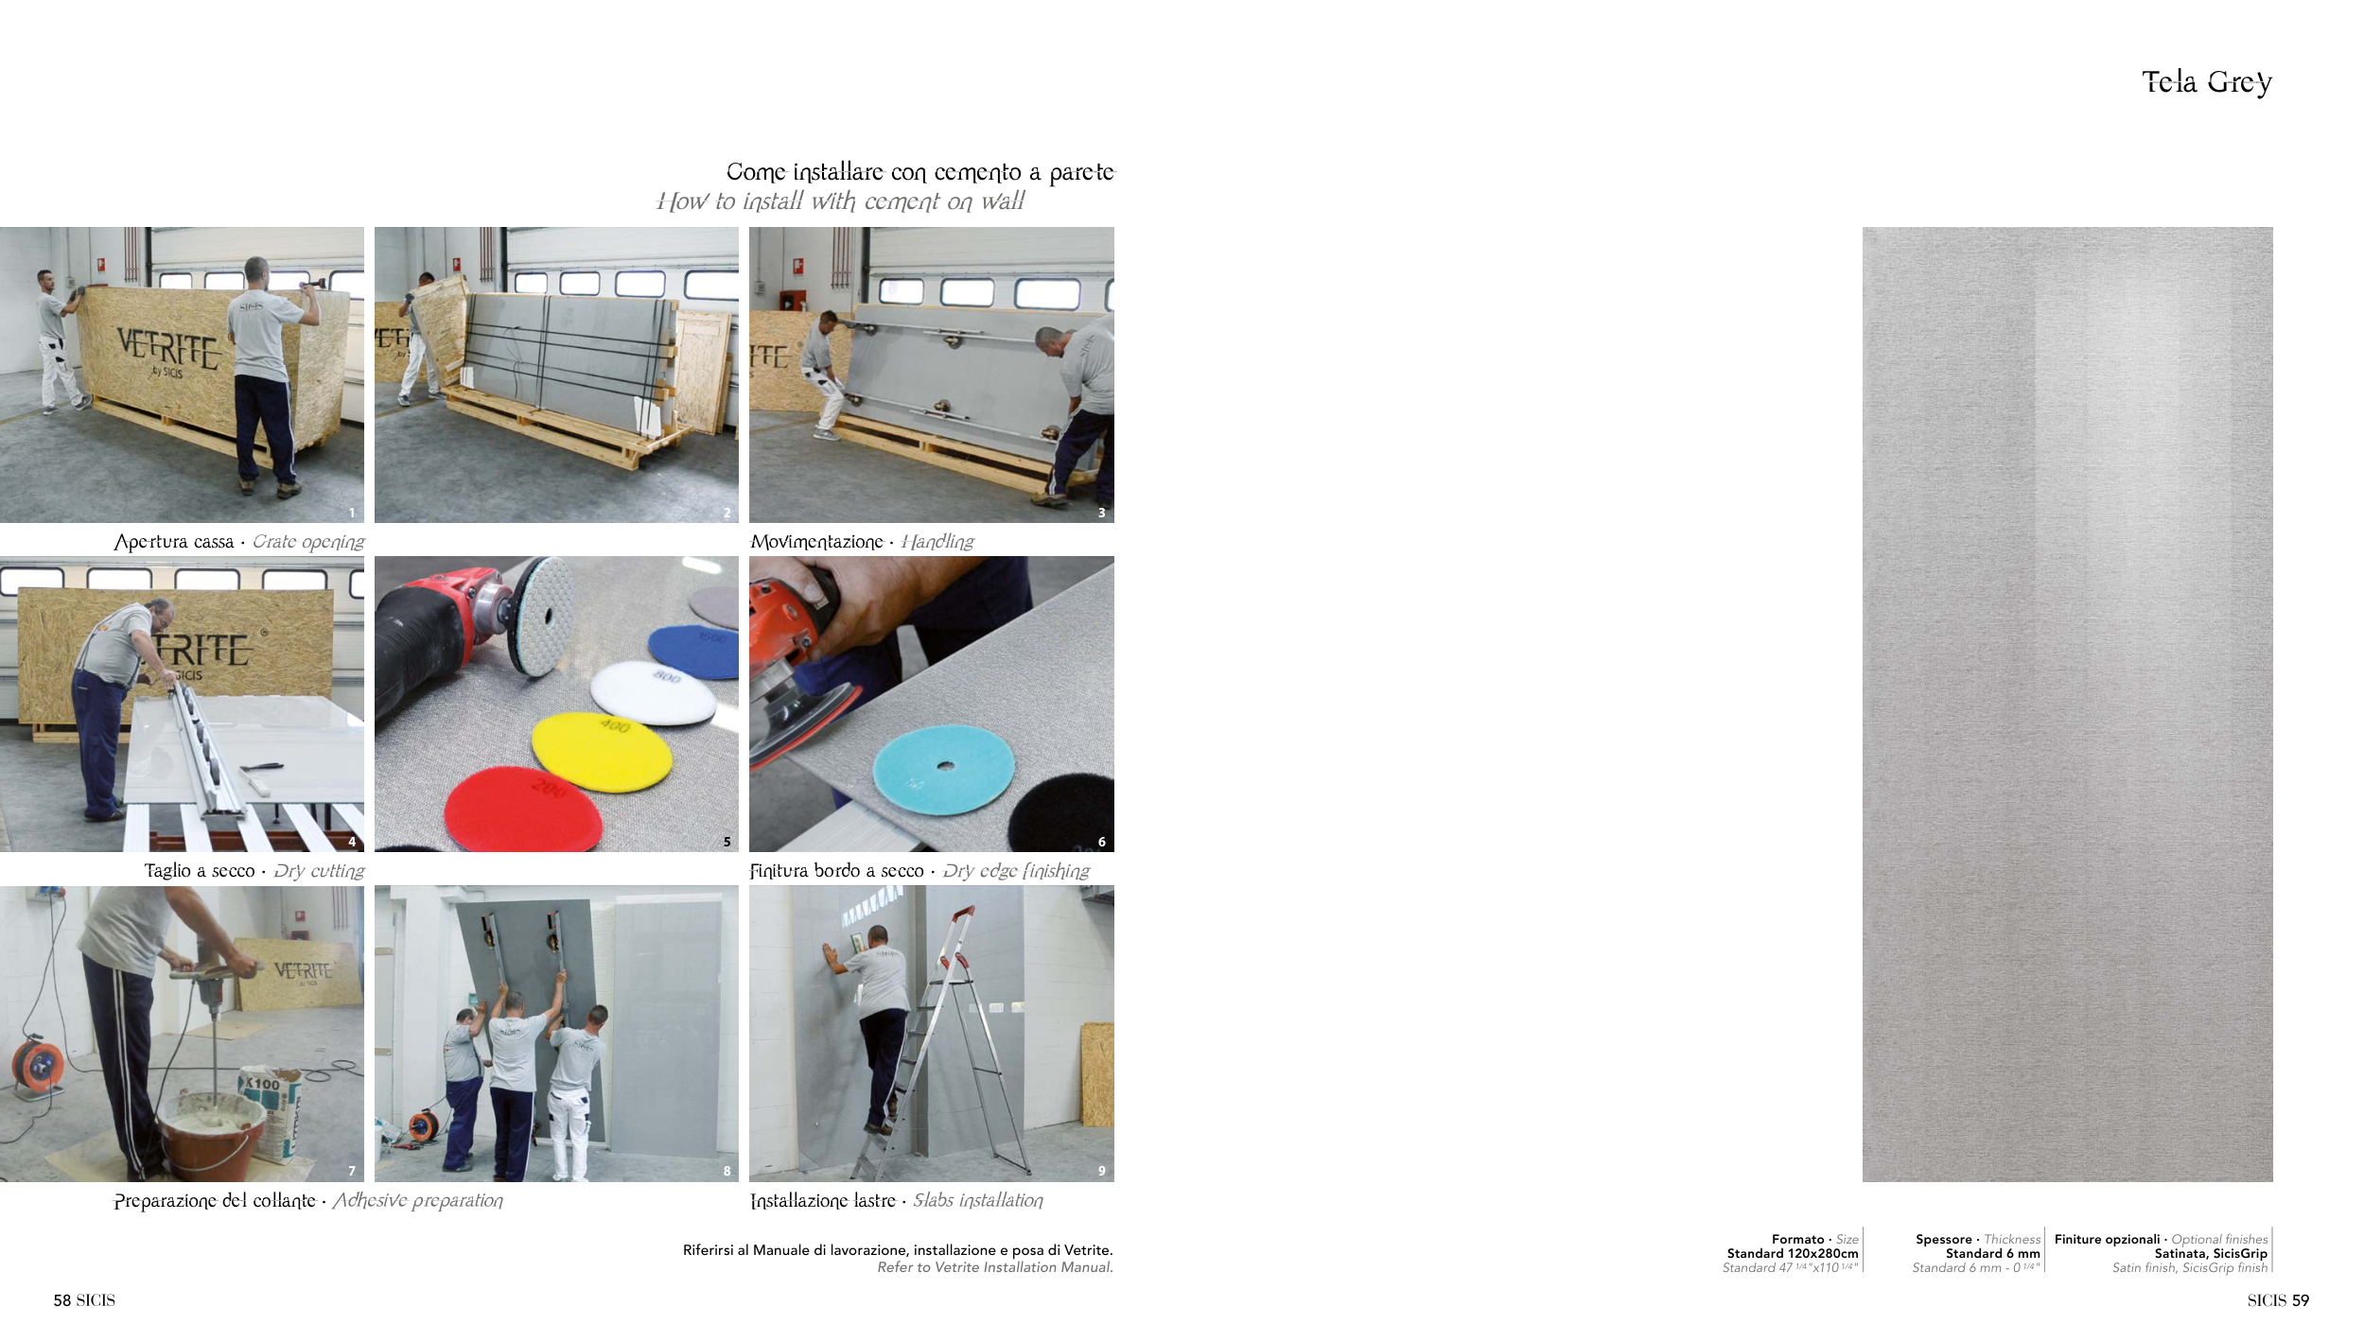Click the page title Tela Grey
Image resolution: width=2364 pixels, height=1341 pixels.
pyautogui.click(x=2206, y=82)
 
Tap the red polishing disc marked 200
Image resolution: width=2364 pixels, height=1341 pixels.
pyautogui.click(x=522, y=809)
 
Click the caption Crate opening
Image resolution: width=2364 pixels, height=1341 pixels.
pyautogui.click(x=308, y=542)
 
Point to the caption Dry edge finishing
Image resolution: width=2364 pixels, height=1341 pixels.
pyautogui.click(x=1016, y=871)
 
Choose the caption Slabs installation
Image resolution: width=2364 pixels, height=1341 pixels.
pyautogui.click(x=978, y=1200)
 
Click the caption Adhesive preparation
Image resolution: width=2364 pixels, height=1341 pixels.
pyautogui.click(x=418, y=1201)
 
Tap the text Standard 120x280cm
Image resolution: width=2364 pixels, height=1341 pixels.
pyautogui.click(x=1793, y=1254)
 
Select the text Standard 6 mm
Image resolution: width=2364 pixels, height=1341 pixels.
pyautogui.click(x=1993, y=1254)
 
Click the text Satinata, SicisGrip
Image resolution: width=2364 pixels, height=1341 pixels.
pyautogui.click(x=2211, y=1254)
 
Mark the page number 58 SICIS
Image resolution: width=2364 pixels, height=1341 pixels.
pyautogui.click(x=84, y=1300)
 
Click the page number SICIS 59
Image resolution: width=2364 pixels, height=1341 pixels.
pyautogui.click(x=2278, y=1300)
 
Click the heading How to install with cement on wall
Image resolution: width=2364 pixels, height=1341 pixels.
pyautogui.click(x=841, y=201)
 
